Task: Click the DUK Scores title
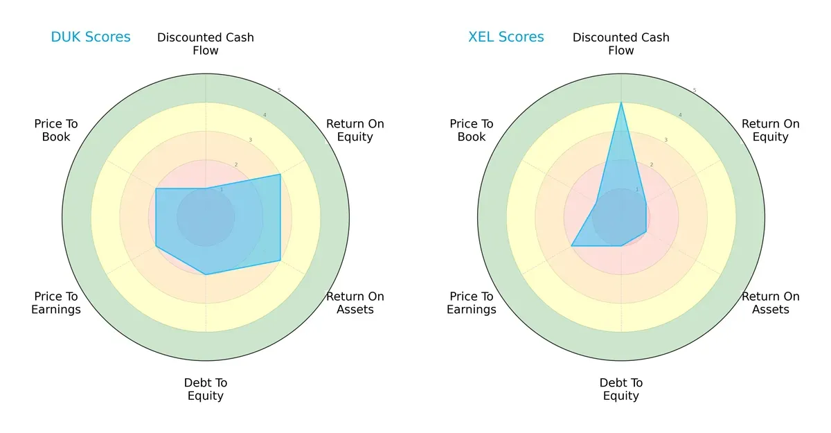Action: (x=91, y=37)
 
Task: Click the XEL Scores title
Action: (x=506, y=37)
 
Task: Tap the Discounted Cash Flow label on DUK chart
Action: (x=206, y=44)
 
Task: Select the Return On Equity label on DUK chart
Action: (x=355, y=130)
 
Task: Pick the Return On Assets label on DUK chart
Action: (x=355, y=303)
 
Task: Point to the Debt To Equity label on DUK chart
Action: (x=206, y=389)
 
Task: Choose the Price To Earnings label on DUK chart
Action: (x=56, y=303)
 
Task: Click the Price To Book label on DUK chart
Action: (x=56, y=130)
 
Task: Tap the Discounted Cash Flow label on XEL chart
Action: (x=621, y=44)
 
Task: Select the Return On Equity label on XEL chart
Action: (x=771, y=130)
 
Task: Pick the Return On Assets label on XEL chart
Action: (x=771, y=303)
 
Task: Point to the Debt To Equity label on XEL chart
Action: (x=621, y=389)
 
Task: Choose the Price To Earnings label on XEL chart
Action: (x=472, y=303)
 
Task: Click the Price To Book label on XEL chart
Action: (x=472, y=130)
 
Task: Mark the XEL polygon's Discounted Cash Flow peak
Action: (x=621, y=103)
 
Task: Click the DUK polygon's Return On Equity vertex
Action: (x=280, y=175)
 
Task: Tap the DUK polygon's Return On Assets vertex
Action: (x=280, y=260)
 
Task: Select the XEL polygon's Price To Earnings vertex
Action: (x=571, y=246)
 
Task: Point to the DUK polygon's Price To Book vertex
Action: (x=156, y=188)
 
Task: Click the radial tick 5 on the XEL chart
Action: (x=695, y=90)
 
